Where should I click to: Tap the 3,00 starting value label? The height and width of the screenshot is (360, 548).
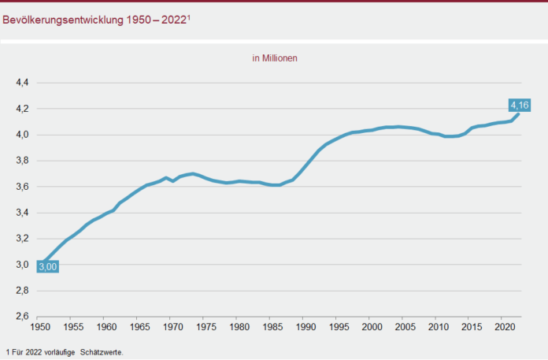[x=47, y=267]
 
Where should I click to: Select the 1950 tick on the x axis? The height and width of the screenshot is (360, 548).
[x=40, y=325]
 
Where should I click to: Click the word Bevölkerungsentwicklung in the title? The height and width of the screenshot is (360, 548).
[x=61, y=20]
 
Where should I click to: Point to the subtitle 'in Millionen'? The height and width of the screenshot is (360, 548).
[x=274, y=58]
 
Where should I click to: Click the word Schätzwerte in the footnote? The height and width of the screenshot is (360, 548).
[x=102, y=352]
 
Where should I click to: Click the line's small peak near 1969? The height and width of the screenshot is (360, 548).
[x=165, y=178]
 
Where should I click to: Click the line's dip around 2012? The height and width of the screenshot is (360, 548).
[x=447, y=137]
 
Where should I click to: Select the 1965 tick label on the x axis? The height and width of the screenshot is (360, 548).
[x=139, y=325]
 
